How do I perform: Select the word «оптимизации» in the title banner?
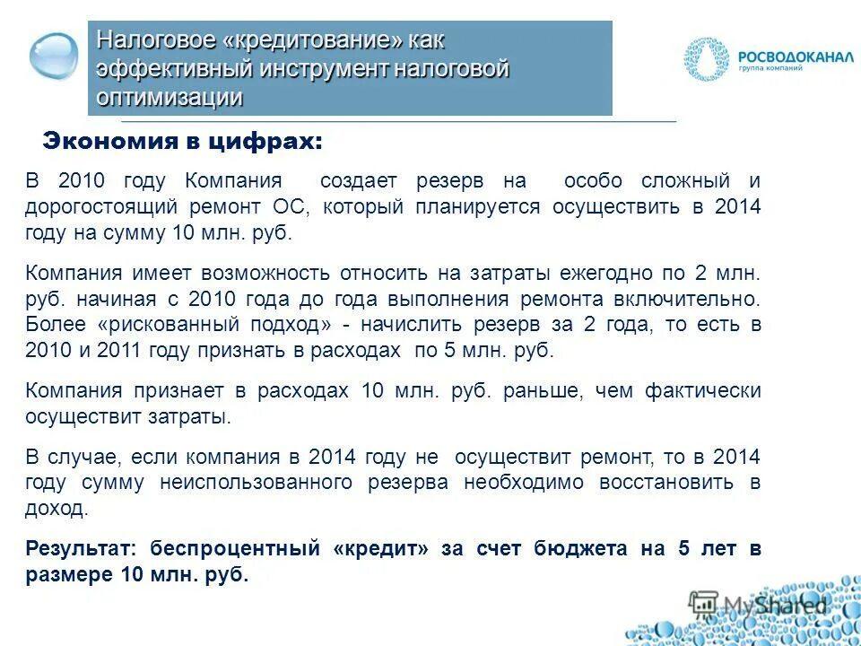170,97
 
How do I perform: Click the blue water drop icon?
54,56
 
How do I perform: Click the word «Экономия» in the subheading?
96,142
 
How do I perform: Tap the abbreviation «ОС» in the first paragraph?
291,206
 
